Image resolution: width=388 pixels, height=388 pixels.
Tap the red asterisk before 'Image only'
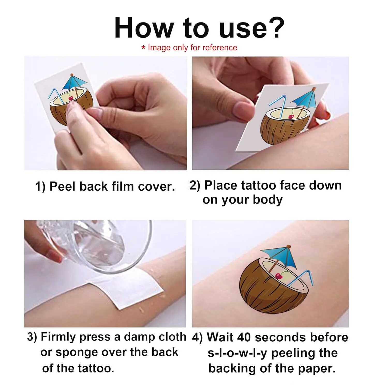point(143,48)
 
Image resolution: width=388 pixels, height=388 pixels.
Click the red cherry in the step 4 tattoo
point(279,276)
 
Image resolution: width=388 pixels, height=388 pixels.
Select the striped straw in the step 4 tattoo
point(301,278)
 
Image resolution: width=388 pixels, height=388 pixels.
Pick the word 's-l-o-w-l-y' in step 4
point(237,353)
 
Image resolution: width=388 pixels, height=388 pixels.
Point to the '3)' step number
point(32,337)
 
